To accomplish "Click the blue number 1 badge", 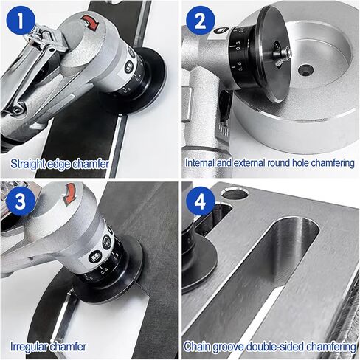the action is [21, 21].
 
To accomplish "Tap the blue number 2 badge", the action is [201, 21].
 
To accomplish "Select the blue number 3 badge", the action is [21, 201].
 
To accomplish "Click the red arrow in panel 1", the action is [90, 23].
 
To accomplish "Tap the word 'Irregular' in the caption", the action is [28, 347].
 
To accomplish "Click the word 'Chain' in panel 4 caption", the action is [197, 346].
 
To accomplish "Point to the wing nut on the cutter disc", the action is [283, 55].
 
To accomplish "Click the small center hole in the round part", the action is [305, 70].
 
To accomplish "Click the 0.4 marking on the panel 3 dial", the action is [104, 270].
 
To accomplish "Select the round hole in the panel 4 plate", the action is [234, 193].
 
